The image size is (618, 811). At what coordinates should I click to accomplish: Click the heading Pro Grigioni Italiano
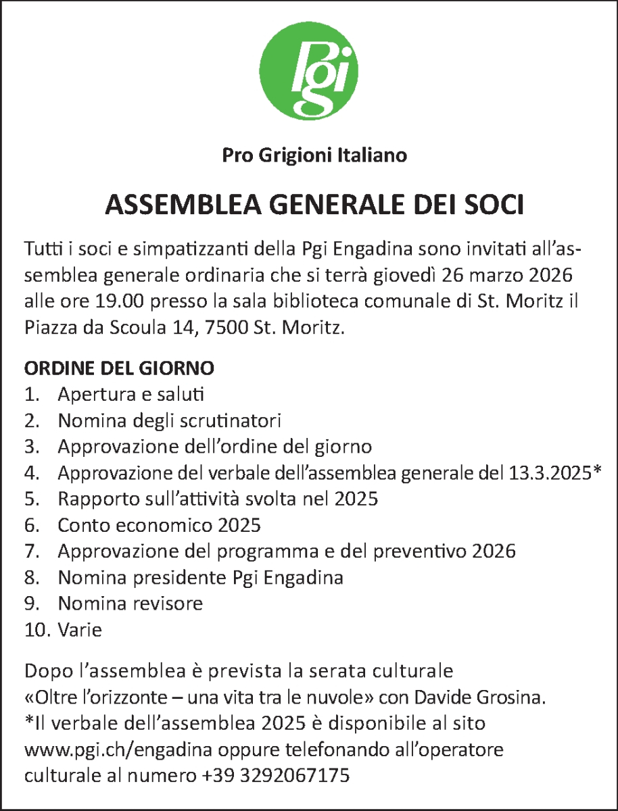[314, 156]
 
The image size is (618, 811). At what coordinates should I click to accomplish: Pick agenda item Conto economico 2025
[159, 525]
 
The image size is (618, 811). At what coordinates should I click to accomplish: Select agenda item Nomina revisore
[130, 604]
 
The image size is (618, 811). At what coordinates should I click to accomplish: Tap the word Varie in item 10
[80, 631]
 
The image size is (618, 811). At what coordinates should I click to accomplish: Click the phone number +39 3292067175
[275, 776]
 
